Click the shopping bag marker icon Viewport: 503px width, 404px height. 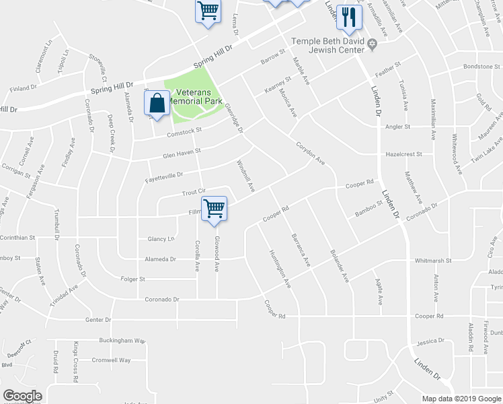pyautogui.click(x=157, y=104)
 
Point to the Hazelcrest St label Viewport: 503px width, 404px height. pyautogui.click(x=403, y=154)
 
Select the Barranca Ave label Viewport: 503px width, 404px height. pyautogui.click(x=300, y=249)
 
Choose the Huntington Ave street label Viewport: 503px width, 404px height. pyautogui.click(x=280, y=270)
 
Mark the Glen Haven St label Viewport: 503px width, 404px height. pyautogui.click(x=182, y=154)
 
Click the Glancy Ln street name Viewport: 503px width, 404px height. pyautogui.click(x=161, y=238)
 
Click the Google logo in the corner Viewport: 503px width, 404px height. pyautogui.click(x=22, y=396)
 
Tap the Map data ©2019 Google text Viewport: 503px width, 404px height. pyautogui.click(x=461, y=399)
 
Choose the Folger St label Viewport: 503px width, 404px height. pyautogui.click(x=132, y=279)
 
